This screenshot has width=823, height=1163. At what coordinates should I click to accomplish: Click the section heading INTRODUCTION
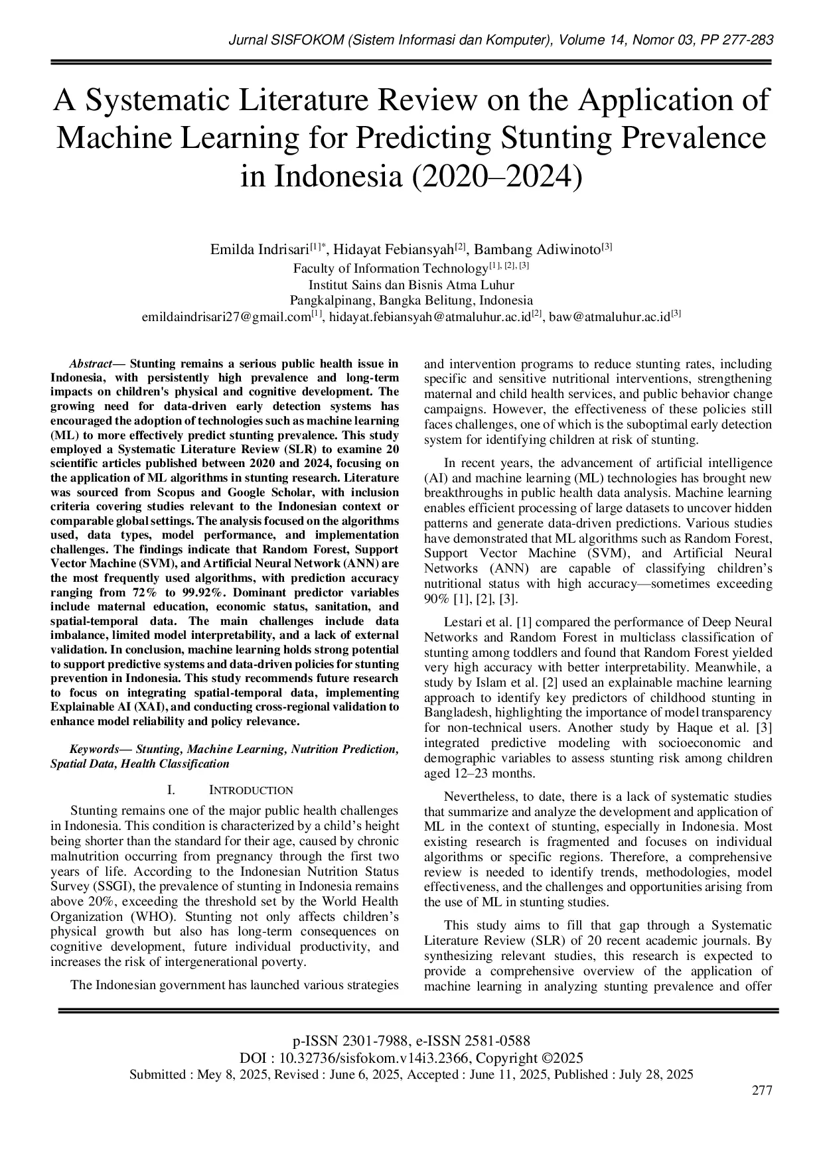(251, 790)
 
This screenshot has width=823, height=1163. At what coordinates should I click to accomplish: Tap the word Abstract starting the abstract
(90, 364)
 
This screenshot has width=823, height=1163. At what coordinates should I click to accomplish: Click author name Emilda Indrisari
(260, 250)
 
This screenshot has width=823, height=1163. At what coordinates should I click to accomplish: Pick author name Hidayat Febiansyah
(394, 250)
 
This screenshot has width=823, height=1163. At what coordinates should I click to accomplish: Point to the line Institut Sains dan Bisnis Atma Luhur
(411, 285)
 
